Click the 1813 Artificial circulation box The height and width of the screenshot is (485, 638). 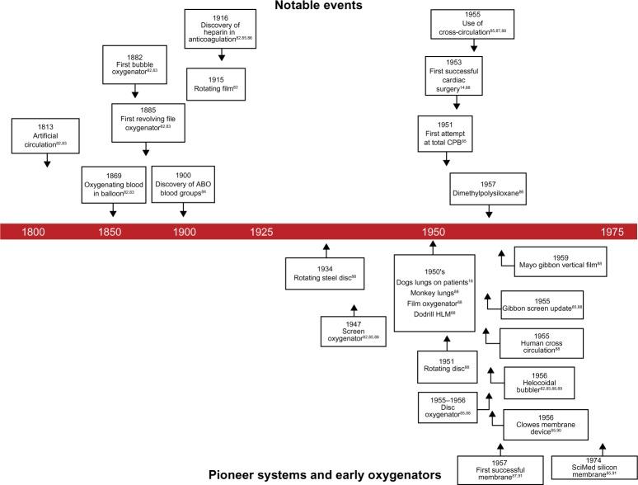(x=46, y=136)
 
